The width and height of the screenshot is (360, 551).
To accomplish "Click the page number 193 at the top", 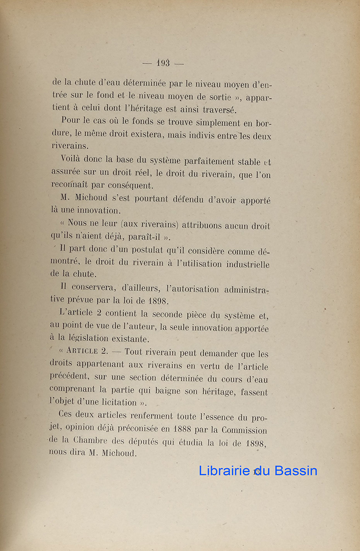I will click(x=163, y=63).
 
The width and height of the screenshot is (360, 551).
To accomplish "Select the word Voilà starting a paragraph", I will click(x=73, y=161).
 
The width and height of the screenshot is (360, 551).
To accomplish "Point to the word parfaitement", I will click(x=209, y=161).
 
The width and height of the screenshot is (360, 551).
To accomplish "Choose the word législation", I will click(x=83, y=339).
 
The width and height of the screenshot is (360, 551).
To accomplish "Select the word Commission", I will click(x=244, y=430).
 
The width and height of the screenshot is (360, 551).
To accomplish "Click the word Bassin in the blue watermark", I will click(x=294, y=471).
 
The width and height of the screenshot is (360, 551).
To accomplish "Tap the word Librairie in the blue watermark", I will click(x=224, y=471).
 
